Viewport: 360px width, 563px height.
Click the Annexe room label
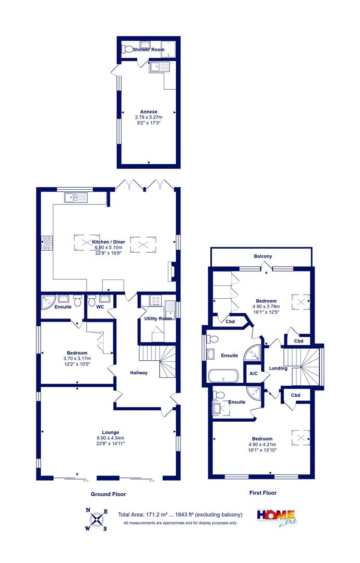point(149,112)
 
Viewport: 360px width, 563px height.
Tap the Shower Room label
point(149,50)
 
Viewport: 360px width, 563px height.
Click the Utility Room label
point(158,319)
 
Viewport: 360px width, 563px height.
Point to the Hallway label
point(139,373)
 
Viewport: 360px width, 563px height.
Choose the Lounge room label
point(110,432)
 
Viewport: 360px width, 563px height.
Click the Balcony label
point(263,256)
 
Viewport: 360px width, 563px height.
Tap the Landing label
point(278,369)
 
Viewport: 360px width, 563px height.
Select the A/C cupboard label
point(254,373)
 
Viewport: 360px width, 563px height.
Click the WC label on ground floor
point(100,307)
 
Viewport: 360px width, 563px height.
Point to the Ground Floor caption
point(109,494)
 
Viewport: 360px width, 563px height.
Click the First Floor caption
point(263,493)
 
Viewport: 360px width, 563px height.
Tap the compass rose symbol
point(97,519)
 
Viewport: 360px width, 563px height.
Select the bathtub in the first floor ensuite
point(223,375)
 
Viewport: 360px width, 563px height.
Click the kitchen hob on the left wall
point(47,243)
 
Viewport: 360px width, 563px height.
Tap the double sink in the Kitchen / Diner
point(76,197)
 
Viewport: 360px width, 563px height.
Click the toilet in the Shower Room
point(127,49)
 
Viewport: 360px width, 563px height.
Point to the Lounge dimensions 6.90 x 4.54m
point(110,438)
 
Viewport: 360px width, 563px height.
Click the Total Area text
point(181,515)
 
